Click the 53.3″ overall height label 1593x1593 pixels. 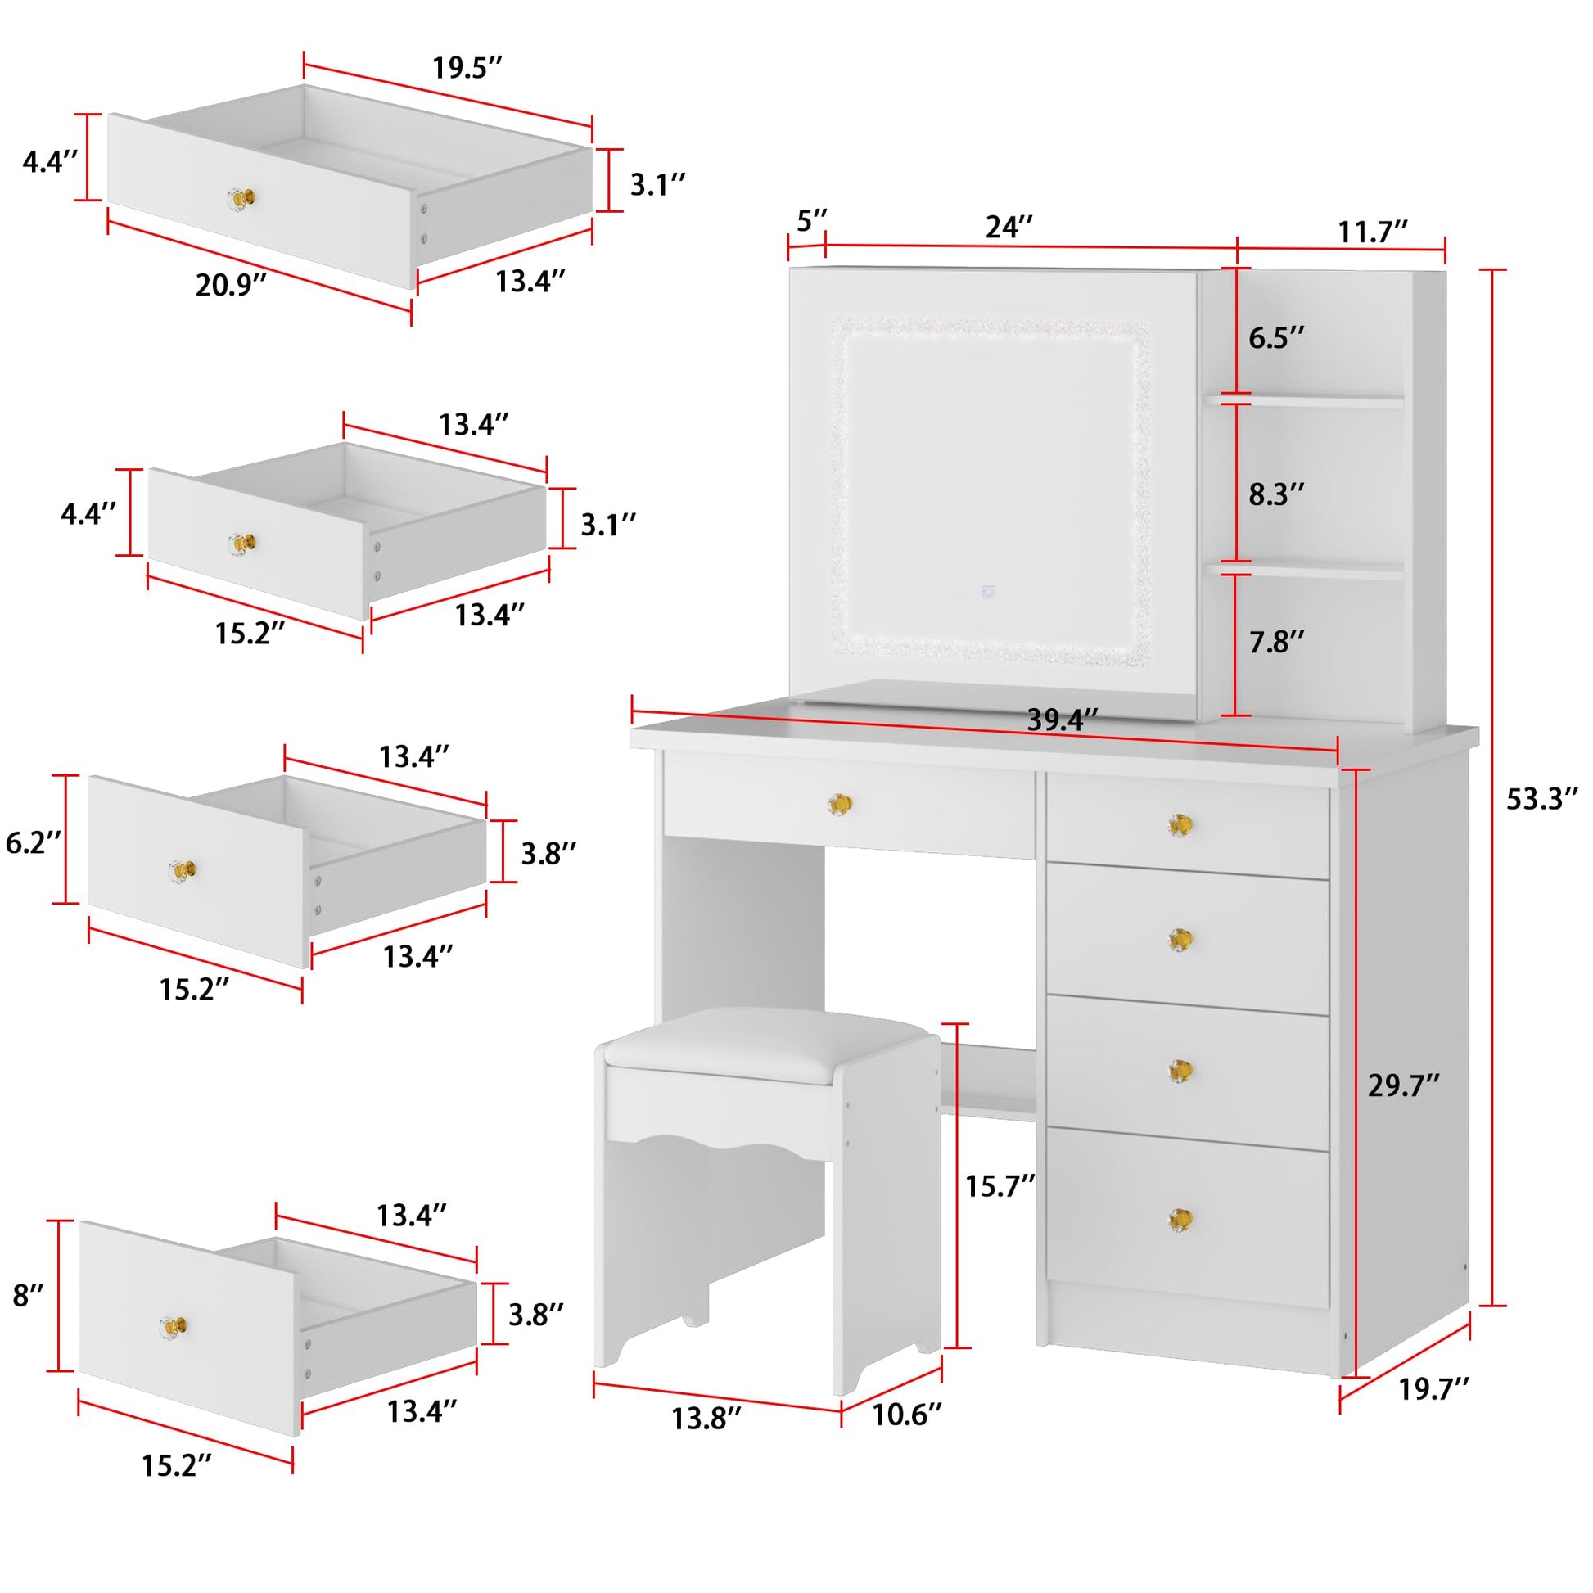(x=1541, y=799)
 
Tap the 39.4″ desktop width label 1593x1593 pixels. (x=1062, y=720)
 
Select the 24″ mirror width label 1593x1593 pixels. (x=1009, y=227)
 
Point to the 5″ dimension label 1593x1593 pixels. (x=811, y=221)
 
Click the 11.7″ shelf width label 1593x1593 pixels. (x=1371, y=232)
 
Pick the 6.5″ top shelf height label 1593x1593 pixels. (x=1276, y=337)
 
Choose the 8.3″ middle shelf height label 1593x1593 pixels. (x=1276, y=494)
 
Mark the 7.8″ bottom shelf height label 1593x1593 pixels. (x=1276, y=642)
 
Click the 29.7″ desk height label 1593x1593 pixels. (x=1403, y=1086)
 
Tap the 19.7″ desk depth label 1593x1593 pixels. (x=1434, y=1389)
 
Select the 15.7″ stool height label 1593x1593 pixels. (x=1000, y=1186)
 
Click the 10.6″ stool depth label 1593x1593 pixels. (x=906, y=1414)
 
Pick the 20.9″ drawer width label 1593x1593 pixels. (x=231, y=286)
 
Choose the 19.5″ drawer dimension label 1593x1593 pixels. (x=467, y=69)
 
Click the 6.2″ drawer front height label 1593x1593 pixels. (x=33, y=842)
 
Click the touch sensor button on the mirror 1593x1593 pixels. (x=989, y=592)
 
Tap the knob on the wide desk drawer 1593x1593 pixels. (x=839, y=804)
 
